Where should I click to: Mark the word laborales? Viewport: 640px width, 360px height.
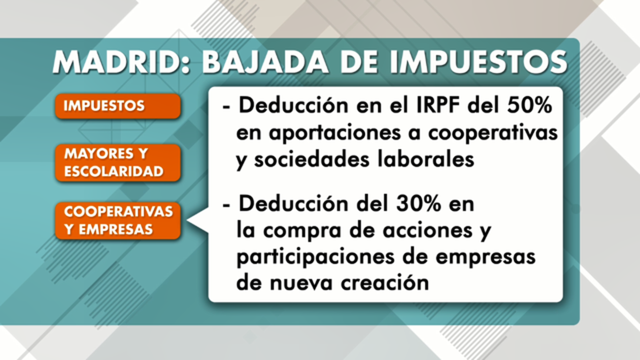click(x=427, y=160)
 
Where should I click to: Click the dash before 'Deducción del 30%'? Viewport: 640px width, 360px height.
click(x=227, y=204)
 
